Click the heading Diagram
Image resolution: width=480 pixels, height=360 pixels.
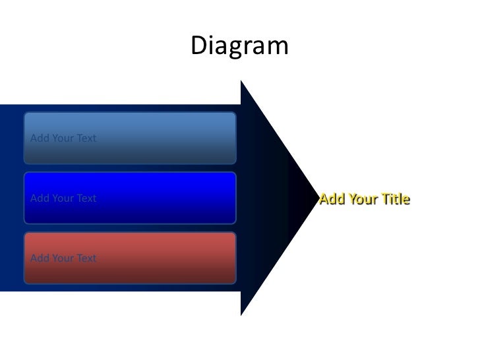[239, 46]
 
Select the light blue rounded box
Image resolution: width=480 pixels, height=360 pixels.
[130, 138]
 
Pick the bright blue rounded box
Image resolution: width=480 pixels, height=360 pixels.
[130, 198]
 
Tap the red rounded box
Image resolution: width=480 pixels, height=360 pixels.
[130, 258]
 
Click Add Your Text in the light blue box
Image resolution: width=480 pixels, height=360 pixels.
[63, 138]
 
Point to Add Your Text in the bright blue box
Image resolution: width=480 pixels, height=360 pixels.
[63, 198]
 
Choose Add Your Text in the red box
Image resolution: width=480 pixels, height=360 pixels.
[63, 258]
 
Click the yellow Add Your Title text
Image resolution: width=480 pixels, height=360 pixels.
[365, 199]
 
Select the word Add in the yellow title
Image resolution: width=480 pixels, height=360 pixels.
[332, 199]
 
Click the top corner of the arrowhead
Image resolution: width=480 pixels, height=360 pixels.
[242, 82]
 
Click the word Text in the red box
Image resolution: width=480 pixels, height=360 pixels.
[86, 258]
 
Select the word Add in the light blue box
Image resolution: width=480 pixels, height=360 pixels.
[40, 138]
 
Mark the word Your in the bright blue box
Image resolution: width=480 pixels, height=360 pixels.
[63, 198]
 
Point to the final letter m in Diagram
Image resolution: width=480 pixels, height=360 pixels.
[279, 47]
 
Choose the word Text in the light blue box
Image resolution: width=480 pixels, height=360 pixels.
[86, 138]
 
